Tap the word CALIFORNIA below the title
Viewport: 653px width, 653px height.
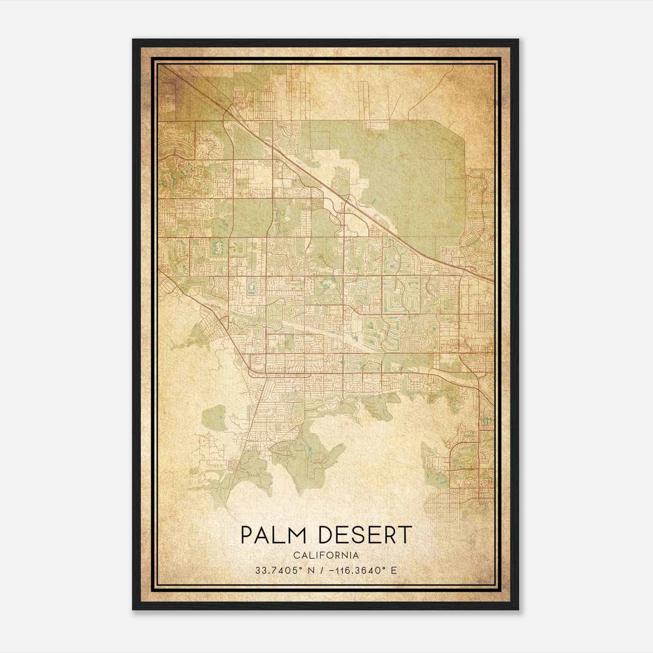[x=326, y=555]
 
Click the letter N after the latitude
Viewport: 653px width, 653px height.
[x=311, y=571]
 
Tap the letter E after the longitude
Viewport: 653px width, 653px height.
[x=393, y=571]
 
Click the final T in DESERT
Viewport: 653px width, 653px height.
[x=404, y=535]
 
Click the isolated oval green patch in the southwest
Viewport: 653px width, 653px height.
[x=214, y=418]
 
